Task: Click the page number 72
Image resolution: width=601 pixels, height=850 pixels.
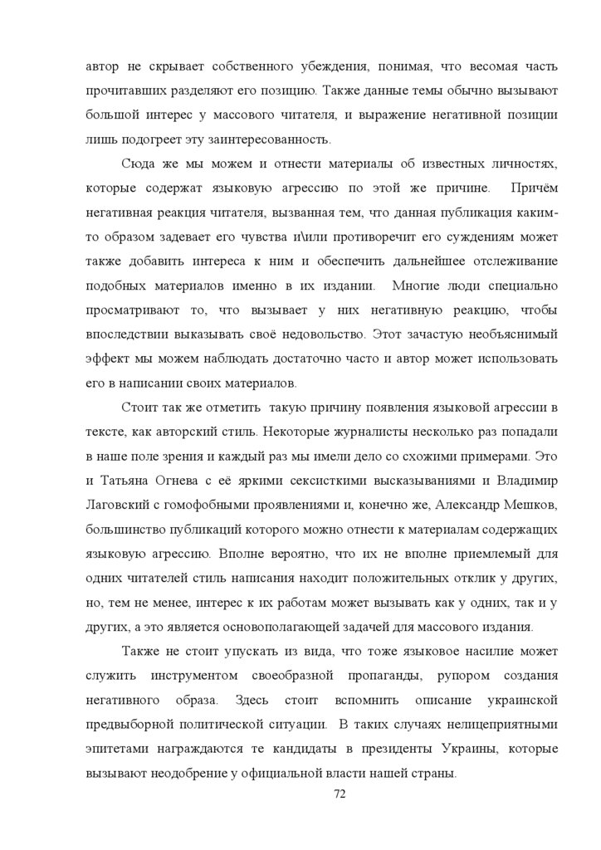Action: click(339, 794)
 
